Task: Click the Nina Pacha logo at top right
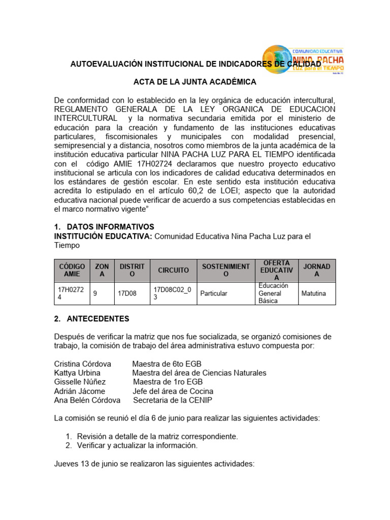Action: point(304,60)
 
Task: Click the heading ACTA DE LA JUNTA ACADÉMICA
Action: point(194,82)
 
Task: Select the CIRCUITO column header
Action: point(173,270)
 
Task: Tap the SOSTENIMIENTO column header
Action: point(225,270)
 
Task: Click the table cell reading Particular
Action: point(214,294)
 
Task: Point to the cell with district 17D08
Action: point(127,294)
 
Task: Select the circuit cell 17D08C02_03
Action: point(173,294)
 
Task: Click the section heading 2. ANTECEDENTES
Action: point(92,319)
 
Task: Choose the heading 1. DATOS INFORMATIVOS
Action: point(104,226)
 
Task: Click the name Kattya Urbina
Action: point(77,373)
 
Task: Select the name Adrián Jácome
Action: point(80,391)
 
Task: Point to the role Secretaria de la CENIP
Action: point(173,400)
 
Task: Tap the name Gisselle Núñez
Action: point(80,382)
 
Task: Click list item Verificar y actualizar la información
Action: point(137,445)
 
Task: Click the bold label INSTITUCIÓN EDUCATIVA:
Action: point(103,236)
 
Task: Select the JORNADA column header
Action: point(317,270)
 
